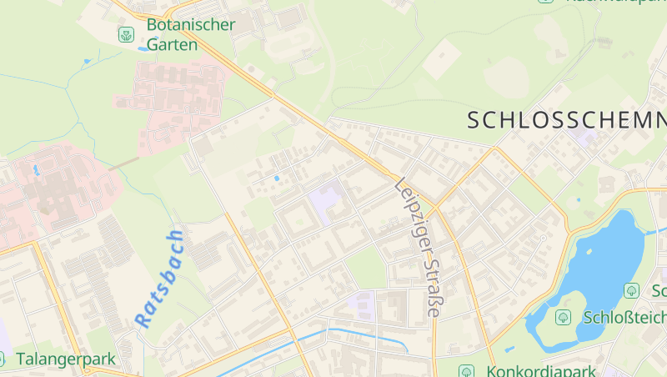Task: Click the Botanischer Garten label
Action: (190, 34)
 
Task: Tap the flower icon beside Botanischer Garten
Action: (126, 34)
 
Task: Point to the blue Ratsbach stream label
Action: (159, 278)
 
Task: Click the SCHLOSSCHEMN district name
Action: (566, 120)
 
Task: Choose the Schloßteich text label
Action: (624, 317)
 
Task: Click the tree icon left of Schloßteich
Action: (564, 317)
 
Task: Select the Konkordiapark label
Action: (541, 369)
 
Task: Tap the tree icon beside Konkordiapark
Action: (467, 369)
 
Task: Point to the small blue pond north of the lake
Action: (579, 200)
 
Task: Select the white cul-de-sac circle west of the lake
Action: (543, 239)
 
